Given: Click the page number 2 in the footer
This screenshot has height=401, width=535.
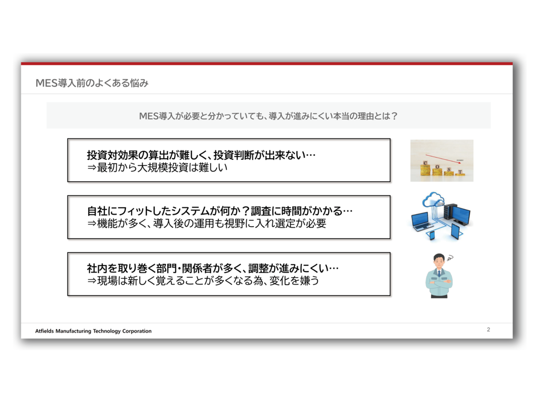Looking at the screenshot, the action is pos(489,329).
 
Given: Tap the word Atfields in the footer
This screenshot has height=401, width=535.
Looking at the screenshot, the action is pos(45,331).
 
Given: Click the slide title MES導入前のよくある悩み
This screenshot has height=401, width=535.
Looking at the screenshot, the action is pos(92,83).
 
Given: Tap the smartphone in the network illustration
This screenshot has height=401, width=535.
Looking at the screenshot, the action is pos(432,235).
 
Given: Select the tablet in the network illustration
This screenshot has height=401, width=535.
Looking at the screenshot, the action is pos(456,231).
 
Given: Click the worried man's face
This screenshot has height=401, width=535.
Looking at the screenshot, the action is pos(439,263).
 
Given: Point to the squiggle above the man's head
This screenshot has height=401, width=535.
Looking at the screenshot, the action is pos(450,258).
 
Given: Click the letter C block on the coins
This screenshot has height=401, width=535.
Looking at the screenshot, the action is pos(425,163).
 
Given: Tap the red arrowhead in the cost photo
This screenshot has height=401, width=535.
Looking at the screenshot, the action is pos(461,163).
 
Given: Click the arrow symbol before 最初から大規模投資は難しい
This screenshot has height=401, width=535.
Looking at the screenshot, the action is pos(92,168).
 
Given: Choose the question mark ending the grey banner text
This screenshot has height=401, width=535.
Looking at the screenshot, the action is pos(394,116).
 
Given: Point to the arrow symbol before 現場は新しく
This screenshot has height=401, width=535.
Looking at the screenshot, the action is pos(92,281).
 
